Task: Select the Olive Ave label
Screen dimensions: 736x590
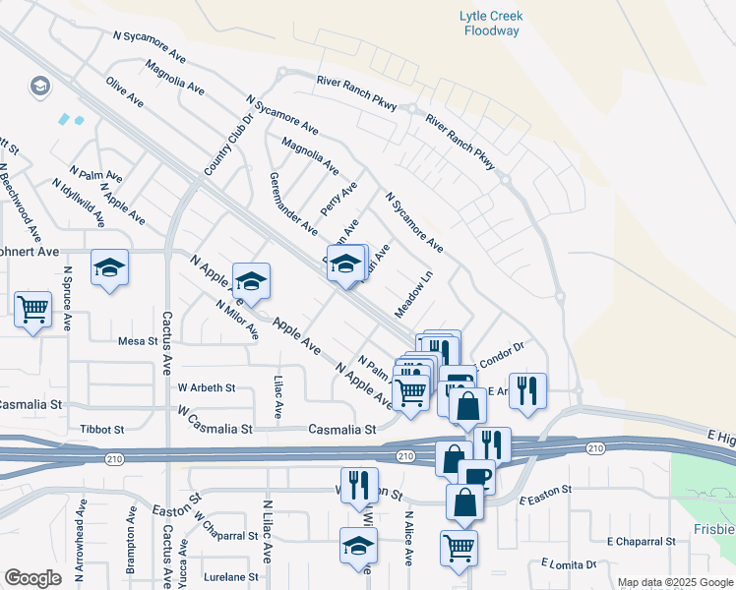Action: (x=125, y=90)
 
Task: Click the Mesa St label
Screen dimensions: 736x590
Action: (x=138, y=341)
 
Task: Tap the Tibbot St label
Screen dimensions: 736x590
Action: (x=102, y=430)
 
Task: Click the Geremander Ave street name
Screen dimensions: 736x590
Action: (x=292, y=204)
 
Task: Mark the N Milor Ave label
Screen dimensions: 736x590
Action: (x=237, y=318)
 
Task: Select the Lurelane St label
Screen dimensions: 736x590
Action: (x=231, y=577)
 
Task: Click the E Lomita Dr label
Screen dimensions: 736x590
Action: (x=569, y=564)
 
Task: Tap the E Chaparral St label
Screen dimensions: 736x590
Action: (x=642, y=541)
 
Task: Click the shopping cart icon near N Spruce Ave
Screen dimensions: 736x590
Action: (x=33, y=310)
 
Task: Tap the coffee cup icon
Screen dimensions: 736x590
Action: (x=476, y=476)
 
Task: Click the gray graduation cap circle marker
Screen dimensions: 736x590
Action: (x=40, y=87)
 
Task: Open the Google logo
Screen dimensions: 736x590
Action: (x=32, y=578)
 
